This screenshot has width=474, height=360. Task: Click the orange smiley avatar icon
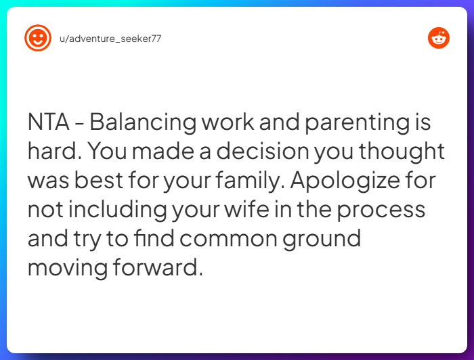point(38,38)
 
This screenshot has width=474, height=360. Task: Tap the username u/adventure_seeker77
point(110,39)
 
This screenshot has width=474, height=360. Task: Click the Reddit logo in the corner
point(439,38)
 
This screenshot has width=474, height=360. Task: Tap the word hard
point(48,152)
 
